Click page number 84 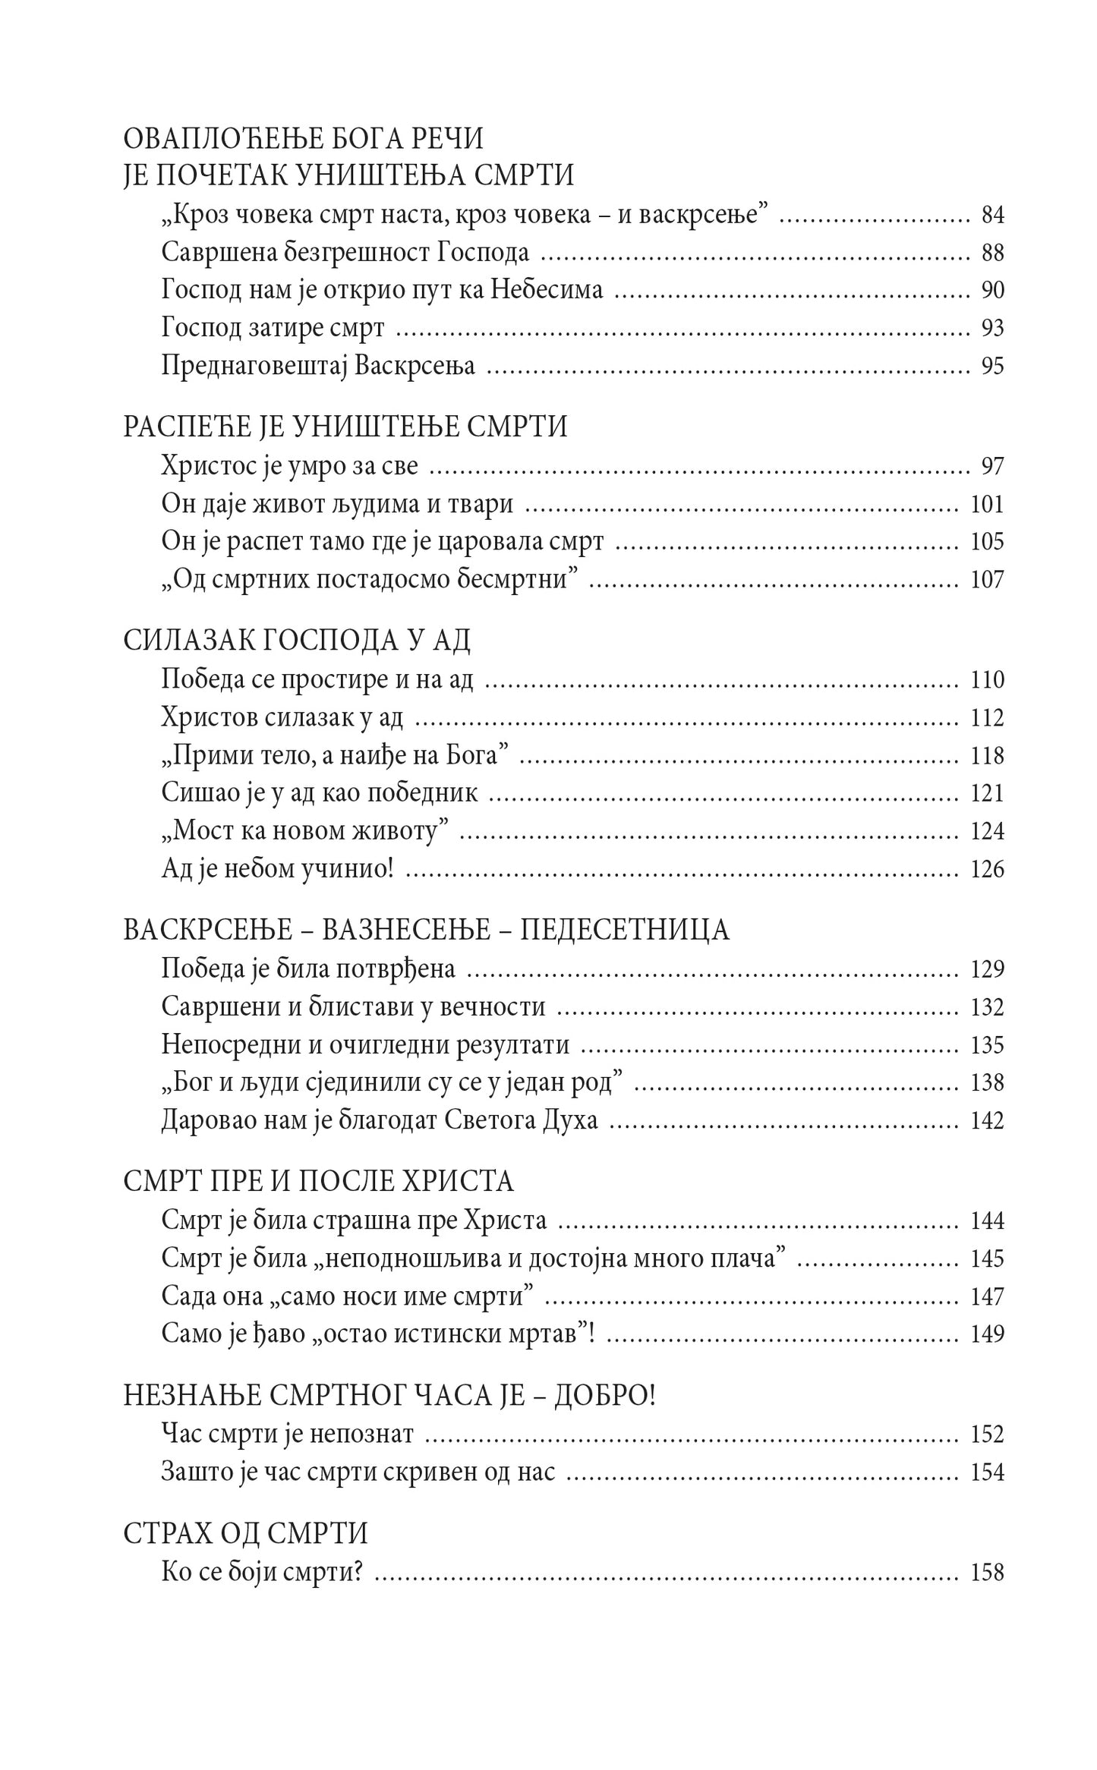(x=992, y=216)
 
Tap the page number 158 (x=987, y=1572)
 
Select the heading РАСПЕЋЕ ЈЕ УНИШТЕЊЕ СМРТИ (x=345, y=427)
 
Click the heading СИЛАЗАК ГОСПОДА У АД (x=297, y=641)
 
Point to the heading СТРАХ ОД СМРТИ (x=245, y=1534)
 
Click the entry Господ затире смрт (x=273, y=328)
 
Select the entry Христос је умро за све (x=290, y=465)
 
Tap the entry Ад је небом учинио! (x=278, y=869)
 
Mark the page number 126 (x=987, y=869)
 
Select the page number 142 (x=987, y=1120)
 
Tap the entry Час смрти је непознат (x=288, y=1434)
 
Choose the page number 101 (x=987, y=503)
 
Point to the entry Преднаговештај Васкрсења (x=318, y=366)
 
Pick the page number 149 (x=987, y=1334)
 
